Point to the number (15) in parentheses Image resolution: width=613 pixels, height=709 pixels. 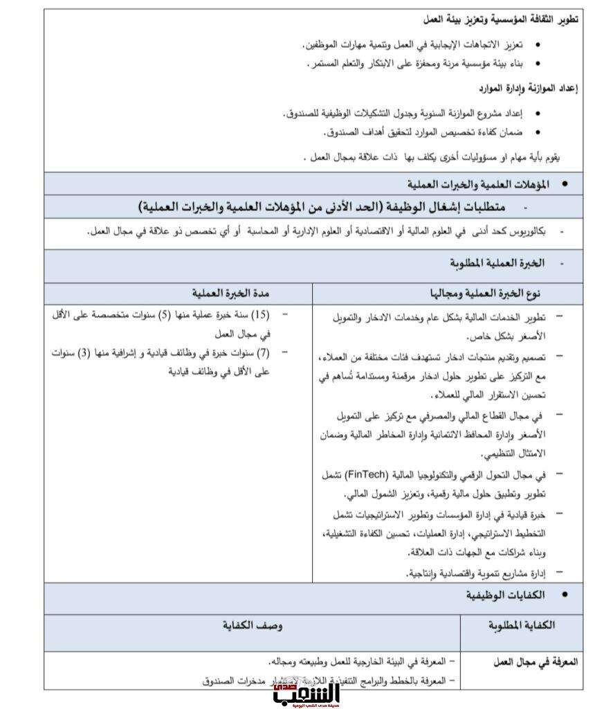pos(260,316)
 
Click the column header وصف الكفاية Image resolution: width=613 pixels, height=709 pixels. pos(252,625)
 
